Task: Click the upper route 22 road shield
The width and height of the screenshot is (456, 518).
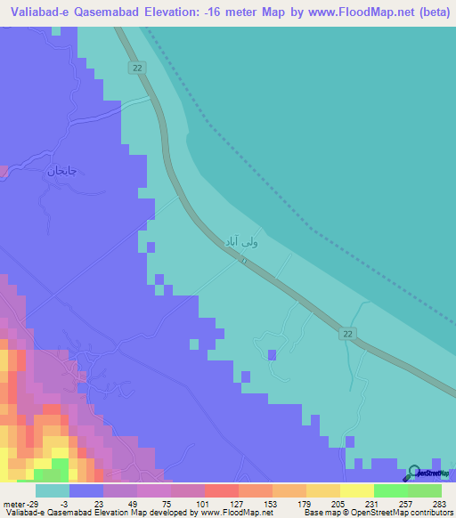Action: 135,69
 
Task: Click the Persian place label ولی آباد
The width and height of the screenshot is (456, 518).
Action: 241,240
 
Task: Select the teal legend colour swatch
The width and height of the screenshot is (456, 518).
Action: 53,490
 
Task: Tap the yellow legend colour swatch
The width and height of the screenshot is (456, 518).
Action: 357,490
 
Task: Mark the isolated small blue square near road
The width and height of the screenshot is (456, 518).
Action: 272,354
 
